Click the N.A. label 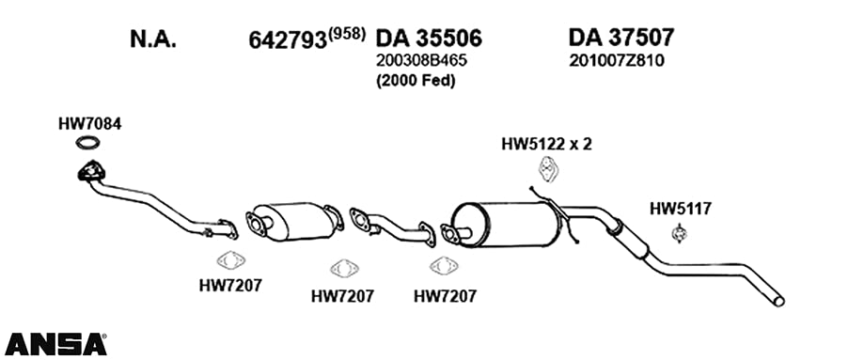[x=153, y=39]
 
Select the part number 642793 [x=288, y=40]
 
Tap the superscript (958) [x=347, y=34]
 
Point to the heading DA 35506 [x=429, y=39]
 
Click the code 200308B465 [x=421, y=61]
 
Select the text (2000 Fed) [x=416, y=81]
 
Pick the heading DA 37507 [x=621, y=38]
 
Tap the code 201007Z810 [x=617, y=61]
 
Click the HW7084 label [x=90, y=124]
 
